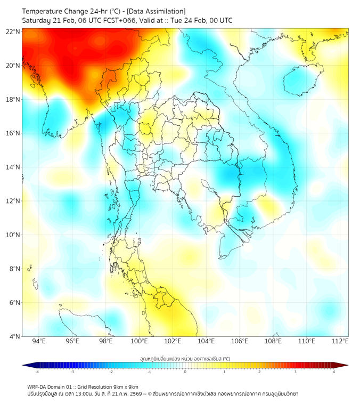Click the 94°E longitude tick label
click(39, 341)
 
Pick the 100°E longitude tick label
click(139, 341)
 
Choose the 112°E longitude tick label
click(340, 341)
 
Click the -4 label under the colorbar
click(37, 372)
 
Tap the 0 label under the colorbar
click(185, 372)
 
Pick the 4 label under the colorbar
click(334, 372)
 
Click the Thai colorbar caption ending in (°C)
click(185, 358)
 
